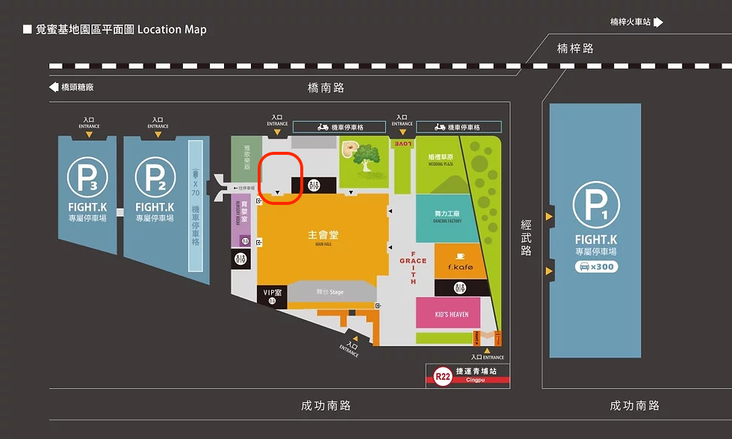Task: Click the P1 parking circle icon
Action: [x=595, y=206]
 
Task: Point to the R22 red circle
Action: [x=442, y=377]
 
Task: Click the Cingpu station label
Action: [x=477, y=379]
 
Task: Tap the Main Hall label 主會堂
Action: [x=323, y=235]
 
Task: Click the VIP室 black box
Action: [x=273, y=295]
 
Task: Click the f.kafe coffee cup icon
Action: [x=461, y=255]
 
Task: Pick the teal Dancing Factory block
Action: [x=448, y=217]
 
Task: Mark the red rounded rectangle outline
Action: [x=279, y=178]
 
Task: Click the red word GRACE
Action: [x=413, y=261]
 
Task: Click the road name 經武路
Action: [x=527, y=238]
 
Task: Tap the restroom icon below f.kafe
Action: [x=461, y=288]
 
